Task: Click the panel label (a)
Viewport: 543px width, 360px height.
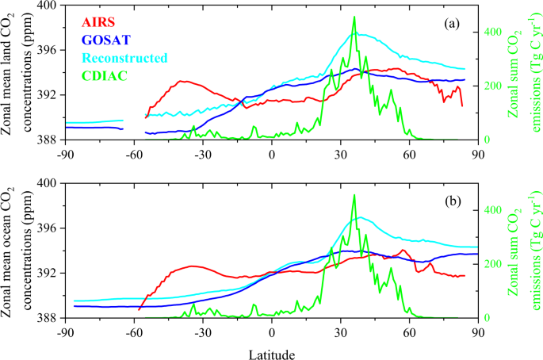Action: (x=453, y=24)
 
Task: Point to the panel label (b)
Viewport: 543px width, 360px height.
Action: (x=453, y=201)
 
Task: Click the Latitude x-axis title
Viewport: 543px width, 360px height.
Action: (x=272, y=350)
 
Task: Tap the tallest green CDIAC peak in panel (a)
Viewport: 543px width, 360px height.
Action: (x=354, y=17)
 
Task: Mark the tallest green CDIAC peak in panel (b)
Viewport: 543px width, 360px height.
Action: (x=354, y=195)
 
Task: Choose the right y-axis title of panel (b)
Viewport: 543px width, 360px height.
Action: (x=522, y=251)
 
